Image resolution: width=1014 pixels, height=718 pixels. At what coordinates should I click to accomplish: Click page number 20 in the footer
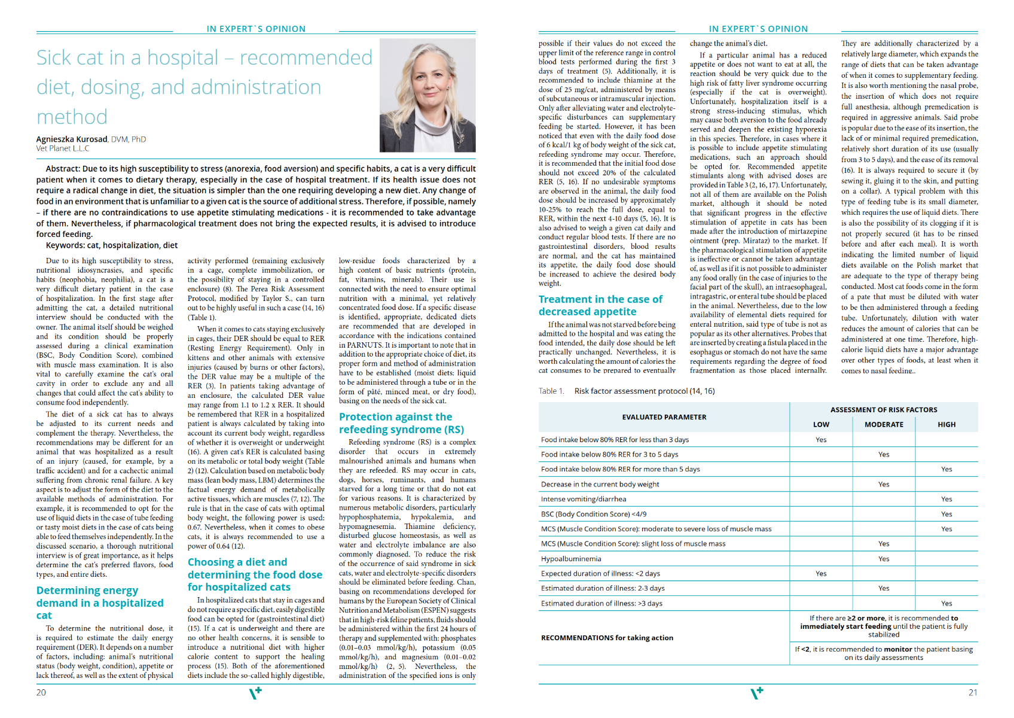(x=41, y=692)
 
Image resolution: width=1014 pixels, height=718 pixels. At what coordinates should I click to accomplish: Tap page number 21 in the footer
(x=973, y=692)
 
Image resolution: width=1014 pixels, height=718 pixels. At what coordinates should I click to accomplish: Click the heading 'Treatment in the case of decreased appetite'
(x=600, y=305)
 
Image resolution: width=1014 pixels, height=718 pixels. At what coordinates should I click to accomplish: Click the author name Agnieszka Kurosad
(x=72, y=139)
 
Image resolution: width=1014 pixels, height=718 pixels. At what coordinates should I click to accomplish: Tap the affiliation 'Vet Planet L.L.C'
(x=63, y=148)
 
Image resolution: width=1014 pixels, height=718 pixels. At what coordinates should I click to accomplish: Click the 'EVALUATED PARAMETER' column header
(x=664, y=417)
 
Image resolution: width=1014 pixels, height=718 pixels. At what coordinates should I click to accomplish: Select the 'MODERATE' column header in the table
(x=884, y=425)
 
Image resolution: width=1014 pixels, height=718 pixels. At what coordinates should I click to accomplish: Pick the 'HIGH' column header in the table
(x=946, y=425)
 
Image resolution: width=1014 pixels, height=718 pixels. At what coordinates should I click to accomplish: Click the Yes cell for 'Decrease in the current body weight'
(x=884, y=484)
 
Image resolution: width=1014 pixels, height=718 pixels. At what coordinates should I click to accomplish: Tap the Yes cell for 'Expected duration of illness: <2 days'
(x=821, y=574)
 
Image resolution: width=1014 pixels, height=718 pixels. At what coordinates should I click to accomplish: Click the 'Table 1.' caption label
(x=551, y=391)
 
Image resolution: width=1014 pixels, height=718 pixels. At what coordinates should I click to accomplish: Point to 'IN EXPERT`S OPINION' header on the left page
(x=256, y=29)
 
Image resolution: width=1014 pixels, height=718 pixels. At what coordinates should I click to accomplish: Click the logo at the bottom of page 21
(x=757, y=693)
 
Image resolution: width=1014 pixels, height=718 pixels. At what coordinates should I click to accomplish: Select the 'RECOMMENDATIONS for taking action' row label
(x=607, y=638)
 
